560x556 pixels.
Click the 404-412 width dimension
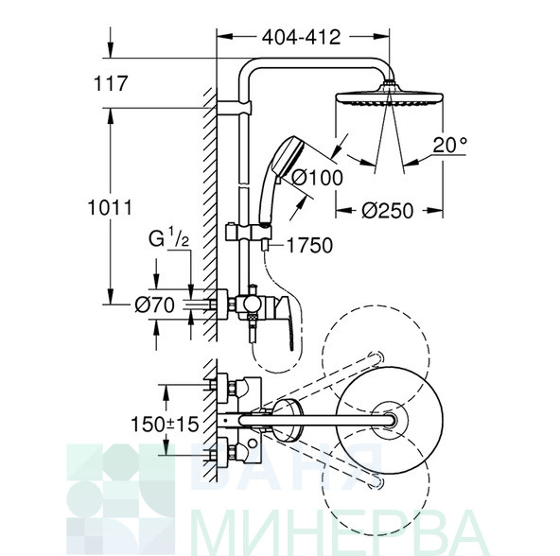pyautogui.click(x=301, y=37)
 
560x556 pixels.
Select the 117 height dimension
pyautogui.click(x=111, y=83)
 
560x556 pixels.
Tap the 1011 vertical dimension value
pyautogui.click(x=110, y=207)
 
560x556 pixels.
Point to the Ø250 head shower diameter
pyautogui.click(x=388, y=211)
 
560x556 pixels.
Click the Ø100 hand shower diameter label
pyautogui.click(x=318, y=178)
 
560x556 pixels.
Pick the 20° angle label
pyautogui.click(x=450, y=145)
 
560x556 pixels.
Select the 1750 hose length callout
pyautogui.click(x=309, y=246)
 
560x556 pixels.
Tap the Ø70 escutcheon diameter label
pyautogui.click(x=154, y=305)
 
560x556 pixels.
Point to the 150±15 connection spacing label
pyautogui.click(x=165, y=425)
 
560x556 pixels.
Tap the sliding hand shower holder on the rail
pyautogui.click(x=249, y=233)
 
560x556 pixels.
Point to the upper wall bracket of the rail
pyautogui.click(x=235, y=108)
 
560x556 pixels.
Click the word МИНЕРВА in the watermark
pyautogui.click(x=339, y=531)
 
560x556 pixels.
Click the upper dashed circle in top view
pyautogui.click(x=376, y=305)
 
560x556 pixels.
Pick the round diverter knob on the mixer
pyautogui.click(x=252, y=304)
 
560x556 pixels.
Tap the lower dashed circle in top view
pyautogui.click(x=376, y=535)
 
